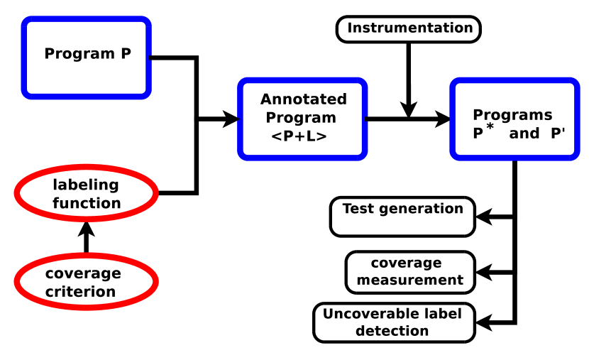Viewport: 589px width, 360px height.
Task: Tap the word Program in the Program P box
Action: tap(78, 54)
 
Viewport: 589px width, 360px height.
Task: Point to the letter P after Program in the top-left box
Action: tap(126, 54)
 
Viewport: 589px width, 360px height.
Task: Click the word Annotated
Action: tap(303, 99)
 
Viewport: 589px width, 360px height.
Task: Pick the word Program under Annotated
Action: tap(301, 118)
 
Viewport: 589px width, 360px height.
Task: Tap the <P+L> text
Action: tap(299, 136)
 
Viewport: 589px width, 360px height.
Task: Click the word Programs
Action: tap(512, 115)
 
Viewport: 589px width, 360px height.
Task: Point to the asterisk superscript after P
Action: tap(490, 127)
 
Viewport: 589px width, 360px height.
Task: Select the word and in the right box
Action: tap(524, 133)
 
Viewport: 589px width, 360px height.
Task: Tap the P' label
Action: tap(558, 133)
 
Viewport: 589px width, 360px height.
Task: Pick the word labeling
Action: tap(86, 185)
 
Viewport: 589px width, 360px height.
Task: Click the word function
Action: tap(87, 203)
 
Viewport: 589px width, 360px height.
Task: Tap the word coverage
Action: tap(83, 274)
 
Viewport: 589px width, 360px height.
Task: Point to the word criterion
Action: tap(80, 292)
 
